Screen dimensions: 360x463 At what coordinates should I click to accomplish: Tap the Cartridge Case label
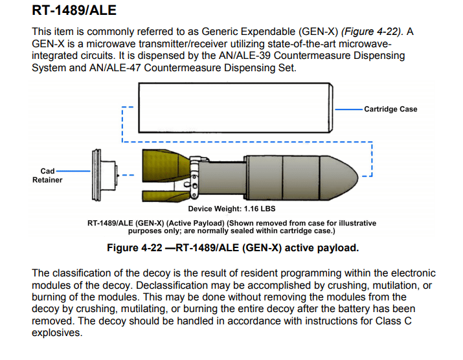tap(390, 109)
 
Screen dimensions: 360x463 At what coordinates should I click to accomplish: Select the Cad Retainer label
tap(47, 175)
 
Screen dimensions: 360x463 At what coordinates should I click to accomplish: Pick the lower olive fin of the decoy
tap(163, 192)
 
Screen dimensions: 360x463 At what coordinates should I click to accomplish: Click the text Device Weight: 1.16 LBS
tap(231, 209)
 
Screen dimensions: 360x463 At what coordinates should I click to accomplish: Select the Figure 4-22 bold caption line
tap(232, 248)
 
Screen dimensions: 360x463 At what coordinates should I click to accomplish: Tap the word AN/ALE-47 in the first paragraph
tap(120, 67)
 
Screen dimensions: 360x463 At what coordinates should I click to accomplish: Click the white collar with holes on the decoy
tap(194, 175)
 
